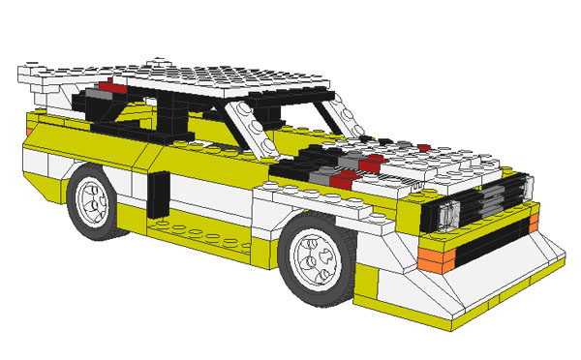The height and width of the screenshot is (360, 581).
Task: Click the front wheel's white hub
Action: (x=318, y=255)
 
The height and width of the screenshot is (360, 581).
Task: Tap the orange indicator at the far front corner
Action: (x=534, y=224)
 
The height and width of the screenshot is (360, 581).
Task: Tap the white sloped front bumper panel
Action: (x=484, y=281)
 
